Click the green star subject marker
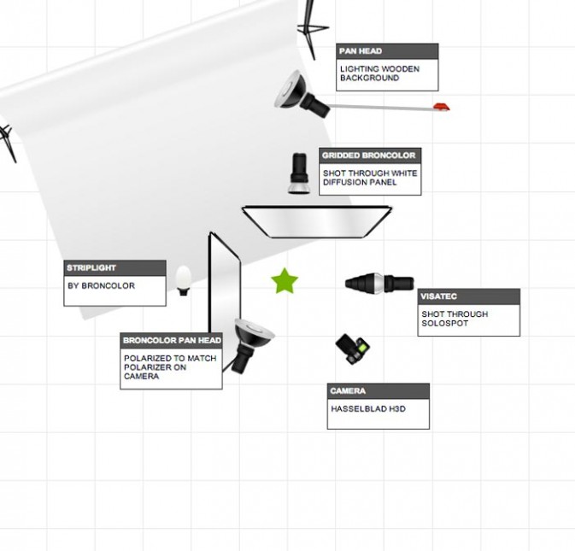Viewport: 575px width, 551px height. (x=285, y=281)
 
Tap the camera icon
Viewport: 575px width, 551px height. (x=353, y=349)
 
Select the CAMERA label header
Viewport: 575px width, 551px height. (x=378, y=390)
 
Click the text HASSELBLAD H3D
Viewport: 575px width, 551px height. (x=368, y=408)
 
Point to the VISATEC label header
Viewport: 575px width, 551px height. (x=469, y=296)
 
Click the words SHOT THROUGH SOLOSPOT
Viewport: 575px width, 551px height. (x=455, y=319)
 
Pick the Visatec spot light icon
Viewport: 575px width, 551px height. (x=379, y=283)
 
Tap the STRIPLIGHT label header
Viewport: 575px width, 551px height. (x=114, y=268)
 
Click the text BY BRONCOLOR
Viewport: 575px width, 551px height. (x=101, y=285)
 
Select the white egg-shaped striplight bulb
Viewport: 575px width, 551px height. (x=184, y=280)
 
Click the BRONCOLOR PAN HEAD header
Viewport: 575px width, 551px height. (x=171, y=341)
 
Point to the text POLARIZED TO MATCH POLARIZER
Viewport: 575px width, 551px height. (x=170, y=362)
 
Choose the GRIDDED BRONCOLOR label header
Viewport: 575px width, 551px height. (x=370, y=155)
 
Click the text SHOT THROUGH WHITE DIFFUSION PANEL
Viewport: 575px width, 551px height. (x=370, y=178)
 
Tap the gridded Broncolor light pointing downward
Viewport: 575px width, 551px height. (x=299, y=173)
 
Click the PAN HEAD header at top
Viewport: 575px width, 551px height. (x=387, y=51)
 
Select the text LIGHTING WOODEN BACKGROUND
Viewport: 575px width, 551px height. (x=379, y=73)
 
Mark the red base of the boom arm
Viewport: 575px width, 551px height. (x=442, y=107)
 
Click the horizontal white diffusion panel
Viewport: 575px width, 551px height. (x=316, y=222)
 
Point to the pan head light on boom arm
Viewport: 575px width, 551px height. (x=302, y=94)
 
